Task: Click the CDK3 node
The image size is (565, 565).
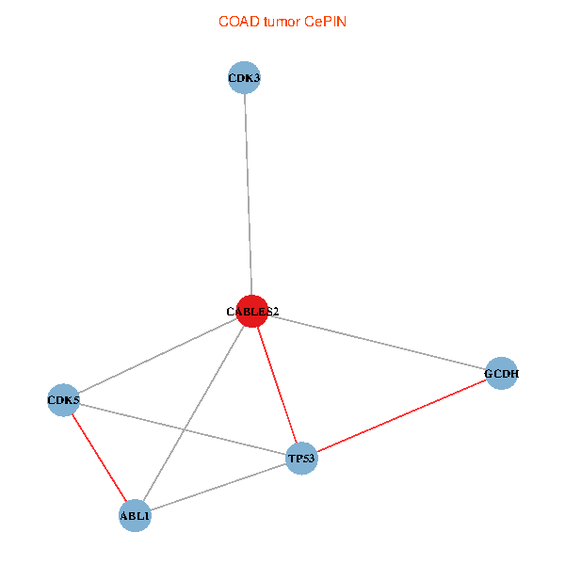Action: tap(244, 77)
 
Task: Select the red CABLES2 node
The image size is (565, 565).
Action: tap(252, 312)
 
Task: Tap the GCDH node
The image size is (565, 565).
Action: tap(501, 373)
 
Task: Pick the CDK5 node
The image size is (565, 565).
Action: tap(63, 400)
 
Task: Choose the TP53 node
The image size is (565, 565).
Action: tap(302, 458)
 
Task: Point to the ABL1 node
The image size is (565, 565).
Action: tap(135, 515)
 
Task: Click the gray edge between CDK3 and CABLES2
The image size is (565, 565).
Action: tap(249, 195)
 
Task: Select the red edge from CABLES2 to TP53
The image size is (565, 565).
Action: tap(277, 385)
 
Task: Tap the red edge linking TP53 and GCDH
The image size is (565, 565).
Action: tap(402, 415)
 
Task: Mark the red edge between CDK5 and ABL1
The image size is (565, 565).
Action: tap(99, 458)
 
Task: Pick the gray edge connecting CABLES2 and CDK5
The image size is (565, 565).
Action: tap(158, 356)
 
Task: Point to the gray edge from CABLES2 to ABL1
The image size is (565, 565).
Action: tap(193, 413)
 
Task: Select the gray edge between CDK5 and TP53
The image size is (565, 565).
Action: tap(183, 429)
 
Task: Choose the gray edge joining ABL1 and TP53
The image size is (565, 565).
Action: tap(218, 487)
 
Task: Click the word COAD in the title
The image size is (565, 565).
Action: tap(239, 22)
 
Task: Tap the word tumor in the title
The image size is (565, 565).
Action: tap(282, 22)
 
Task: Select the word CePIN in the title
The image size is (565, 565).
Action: tap(326, 22)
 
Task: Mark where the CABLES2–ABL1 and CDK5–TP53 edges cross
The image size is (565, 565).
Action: tap(185, 429)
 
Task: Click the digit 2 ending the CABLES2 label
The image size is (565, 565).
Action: tap(276, 312)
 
